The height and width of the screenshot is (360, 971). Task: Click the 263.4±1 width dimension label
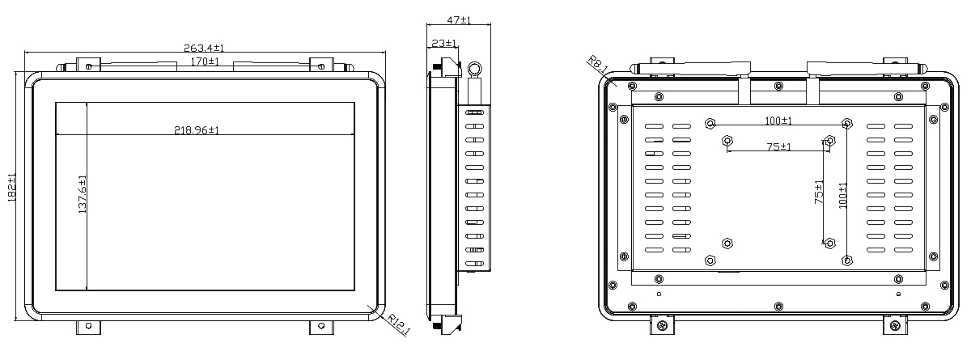[204, 48]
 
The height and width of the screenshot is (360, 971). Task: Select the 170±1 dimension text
[205, 61]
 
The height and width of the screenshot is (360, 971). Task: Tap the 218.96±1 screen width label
[197, 130]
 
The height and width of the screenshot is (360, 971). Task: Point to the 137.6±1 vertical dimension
[83, 194]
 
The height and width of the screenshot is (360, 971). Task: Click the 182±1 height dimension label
[11, 187]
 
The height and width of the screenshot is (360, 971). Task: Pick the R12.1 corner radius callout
[398, 324]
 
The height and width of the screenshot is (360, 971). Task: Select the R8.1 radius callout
[598, 65]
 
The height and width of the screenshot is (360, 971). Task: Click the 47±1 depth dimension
[459, 20]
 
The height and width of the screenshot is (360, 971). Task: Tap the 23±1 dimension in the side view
[444, 44]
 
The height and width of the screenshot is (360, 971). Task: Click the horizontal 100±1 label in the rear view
[778, 121]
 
